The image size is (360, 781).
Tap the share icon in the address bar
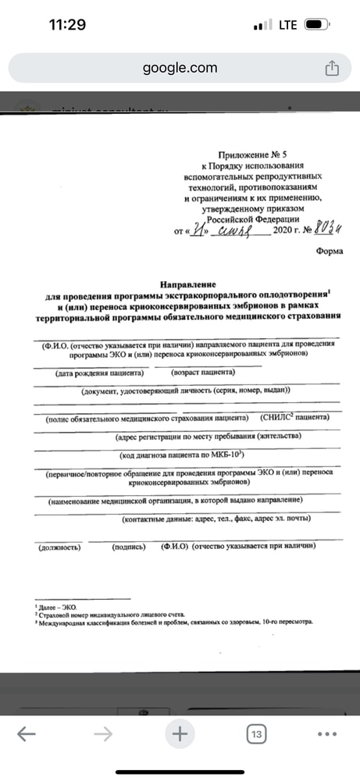[x=331, y=68]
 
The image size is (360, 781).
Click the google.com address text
[x=180, y=68]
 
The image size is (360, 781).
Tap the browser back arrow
[x=26, y=734]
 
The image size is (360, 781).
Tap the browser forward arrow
[x=102, y=734]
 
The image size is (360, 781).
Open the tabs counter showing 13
[x=255, y=734]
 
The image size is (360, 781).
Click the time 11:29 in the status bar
[x=67, y=24]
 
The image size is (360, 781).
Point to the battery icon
[x=317, y=25]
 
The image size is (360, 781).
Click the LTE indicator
[x=287, y=25]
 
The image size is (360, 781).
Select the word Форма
[x=330, y=251]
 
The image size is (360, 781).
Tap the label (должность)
[x=59, y=547]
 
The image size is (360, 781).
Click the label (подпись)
[x=130, y=547]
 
